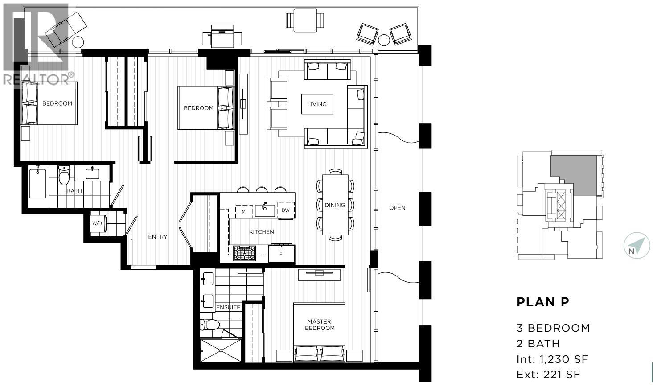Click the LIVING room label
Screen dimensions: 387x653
[x=317, y=104]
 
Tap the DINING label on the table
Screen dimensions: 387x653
[x=335, y=205]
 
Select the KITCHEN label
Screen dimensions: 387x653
[x=261, y=232]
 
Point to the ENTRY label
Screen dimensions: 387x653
[x=158, y=237]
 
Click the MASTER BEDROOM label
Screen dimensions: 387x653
[x=319, y=325]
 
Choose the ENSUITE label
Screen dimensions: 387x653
[x=228, y=307]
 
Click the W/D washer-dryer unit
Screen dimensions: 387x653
[x=97, y=223]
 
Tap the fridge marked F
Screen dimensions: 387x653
[x=281, y=255]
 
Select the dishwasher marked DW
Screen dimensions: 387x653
[x=286, y=210]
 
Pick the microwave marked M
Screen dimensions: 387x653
[x=243, y=211]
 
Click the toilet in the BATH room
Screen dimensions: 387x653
[x=65, y=176]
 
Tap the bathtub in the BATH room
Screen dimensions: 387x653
[x=37, y=183]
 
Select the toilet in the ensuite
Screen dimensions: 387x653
[x=210, y=324]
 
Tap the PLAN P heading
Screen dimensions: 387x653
[x=543, y=302]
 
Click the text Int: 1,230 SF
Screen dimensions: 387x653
[x=552, y=359]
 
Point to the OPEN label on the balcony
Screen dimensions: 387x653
[x=397, y=208]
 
